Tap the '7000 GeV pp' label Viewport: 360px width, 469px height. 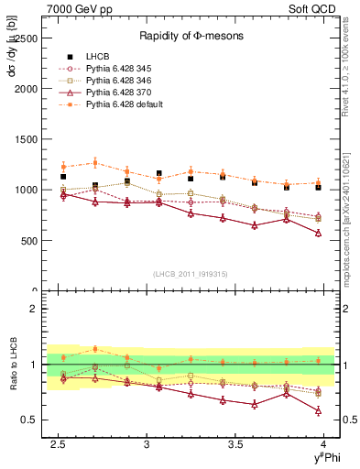pos(73,9)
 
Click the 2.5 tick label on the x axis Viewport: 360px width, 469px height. pos(59,444)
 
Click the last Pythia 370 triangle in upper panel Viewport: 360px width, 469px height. pos(318,233)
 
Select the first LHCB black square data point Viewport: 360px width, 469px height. pos(63,177)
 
